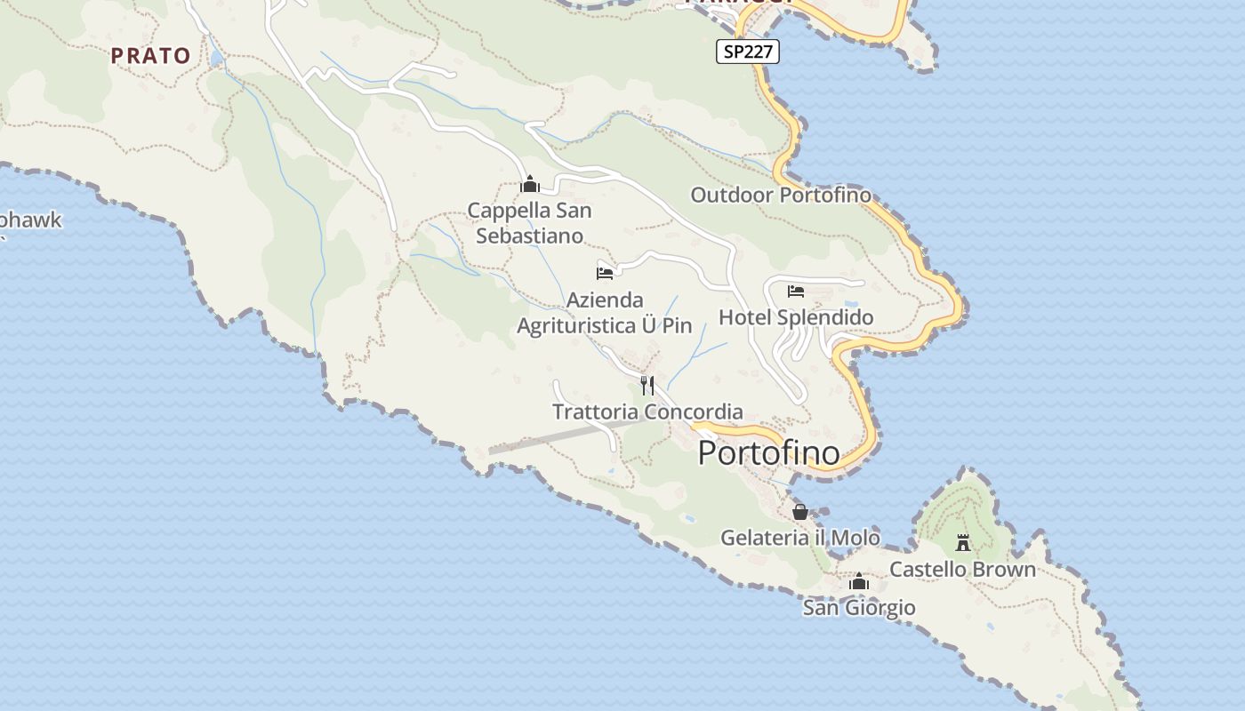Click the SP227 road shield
pyautogui.click(x=747, y=52)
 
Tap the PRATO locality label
pyautogui.click(x=150, y=55)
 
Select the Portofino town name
pyautogui.click(x=768, y=452)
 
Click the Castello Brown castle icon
pyautogui.click(x=962, y=541)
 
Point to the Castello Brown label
pyautogui.click(x=962, y=569)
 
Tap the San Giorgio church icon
pyautogui.click(x=859, y=582)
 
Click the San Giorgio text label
pyautogui.click(x=859, y=608)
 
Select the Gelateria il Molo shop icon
pyautogui.click(x=799, y=512)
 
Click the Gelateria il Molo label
pyautogui.click(x=799, y=538)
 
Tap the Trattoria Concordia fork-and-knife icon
pyautogui.click(x=647, y=385)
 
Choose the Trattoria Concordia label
pyautogui.click(x=647, y=411)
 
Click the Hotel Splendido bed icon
pyautogui.click(x=796, y=291)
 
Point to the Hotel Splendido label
pyautogui.click(x=796, y=317)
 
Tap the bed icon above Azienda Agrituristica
pyautogui.click(x=605, y=273)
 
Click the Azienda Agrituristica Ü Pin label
pyautogui.click(x=605, y=313)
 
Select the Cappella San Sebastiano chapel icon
pyautogui.click(x=530, y=185)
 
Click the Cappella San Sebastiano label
pyautogui.click(x=530, y=223)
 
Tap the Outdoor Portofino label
pyautogui.click(x=781, y=195)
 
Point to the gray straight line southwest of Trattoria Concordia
pyautogui.click(x=569, y=435)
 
